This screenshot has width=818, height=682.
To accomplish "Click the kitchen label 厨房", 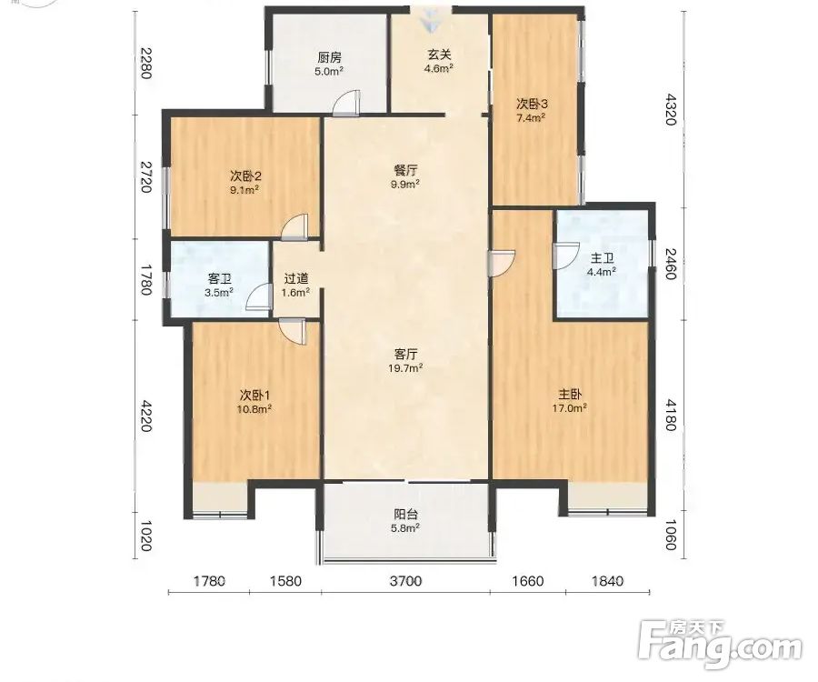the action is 329,57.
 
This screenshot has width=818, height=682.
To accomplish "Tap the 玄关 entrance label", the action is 439,55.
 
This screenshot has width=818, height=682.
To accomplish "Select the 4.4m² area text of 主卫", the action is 602,272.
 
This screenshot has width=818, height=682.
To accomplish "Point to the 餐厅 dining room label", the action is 405,171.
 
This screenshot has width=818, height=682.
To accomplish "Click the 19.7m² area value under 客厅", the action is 405,368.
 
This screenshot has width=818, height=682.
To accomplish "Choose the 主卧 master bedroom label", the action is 570,395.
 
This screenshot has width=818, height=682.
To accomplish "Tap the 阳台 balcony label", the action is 405,515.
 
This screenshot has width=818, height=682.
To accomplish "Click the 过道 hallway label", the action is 295,279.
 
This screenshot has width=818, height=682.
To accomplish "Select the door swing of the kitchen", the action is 346,103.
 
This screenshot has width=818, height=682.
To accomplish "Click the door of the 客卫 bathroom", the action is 259,297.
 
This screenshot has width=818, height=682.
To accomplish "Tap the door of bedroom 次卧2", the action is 294,227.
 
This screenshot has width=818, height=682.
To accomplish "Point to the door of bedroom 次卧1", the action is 292,332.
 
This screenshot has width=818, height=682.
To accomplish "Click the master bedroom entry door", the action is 502,263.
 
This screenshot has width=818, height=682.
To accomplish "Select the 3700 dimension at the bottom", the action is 405,581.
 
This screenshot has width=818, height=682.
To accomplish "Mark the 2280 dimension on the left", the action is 145,63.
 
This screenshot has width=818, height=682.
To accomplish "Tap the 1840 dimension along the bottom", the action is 608,581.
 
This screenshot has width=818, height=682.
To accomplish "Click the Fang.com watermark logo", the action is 720,645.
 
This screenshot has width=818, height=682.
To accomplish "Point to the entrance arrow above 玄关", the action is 431,20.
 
